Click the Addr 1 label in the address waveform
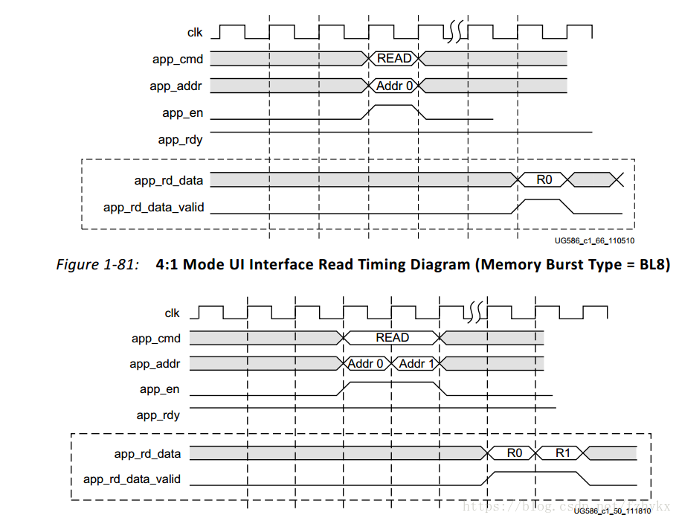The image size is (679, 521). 416,364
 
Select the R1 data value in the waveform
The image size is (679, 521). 562,453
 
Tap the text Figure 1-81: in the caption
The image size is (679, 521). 97,265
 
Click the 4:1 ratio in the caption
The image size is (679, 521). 167,265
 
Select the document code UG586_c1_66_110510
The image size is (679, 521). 594,240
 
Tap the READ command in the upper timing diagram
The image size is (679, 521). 394,58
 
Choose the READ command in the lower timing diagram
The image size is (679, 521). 392,338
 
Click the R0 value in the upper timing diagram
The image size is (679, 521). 544,179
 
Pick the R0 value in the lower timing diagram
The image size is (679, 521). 515,453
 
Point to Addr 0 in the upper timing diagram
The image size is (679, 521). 394,86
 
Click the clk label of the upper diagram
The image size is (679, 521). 195,32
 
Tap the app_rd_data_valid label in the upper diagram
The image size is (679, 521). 153,208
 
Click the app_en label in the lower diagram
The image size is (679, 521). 159,389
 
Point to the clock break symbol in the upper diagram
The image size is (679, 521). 455,32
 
